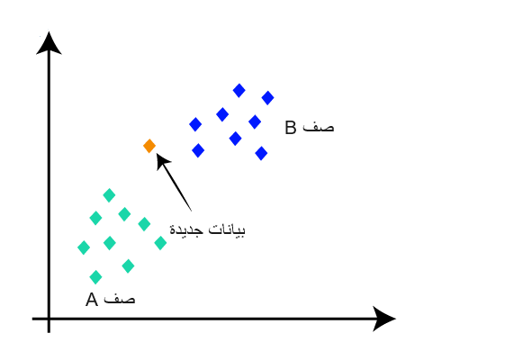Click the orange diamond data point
click(x=149, y=146)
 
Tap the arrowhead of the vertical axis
click(x=49, y=43)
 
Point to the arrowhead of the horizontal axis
click(x=384, y=319)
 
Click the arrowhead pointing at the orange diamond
click(x=163, y=161)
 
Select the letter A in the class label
click(x=92, y=300)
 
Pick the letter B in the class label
click(x=291, y=128)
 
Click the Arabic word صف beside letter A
click(x=120, y=300)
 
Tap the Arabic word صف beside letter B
click(x=319, y=127)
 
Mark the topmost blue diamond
click(x=239, y=91)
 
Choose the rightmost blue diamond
click(x=267, y=98)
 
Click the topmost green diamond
click(x=109, y=195)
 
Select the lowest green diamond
click(x=95, y=277)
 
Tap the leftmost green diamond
click(x=84, y=247)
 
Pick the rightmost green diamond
click(x=160, y=243)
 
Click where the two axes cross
click(x=49, y=319)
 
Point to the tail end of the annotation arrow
click(x=192, y=211)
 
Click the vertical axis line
click(x=49, y=184)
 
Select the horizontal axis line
click(x=213, y=319)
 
